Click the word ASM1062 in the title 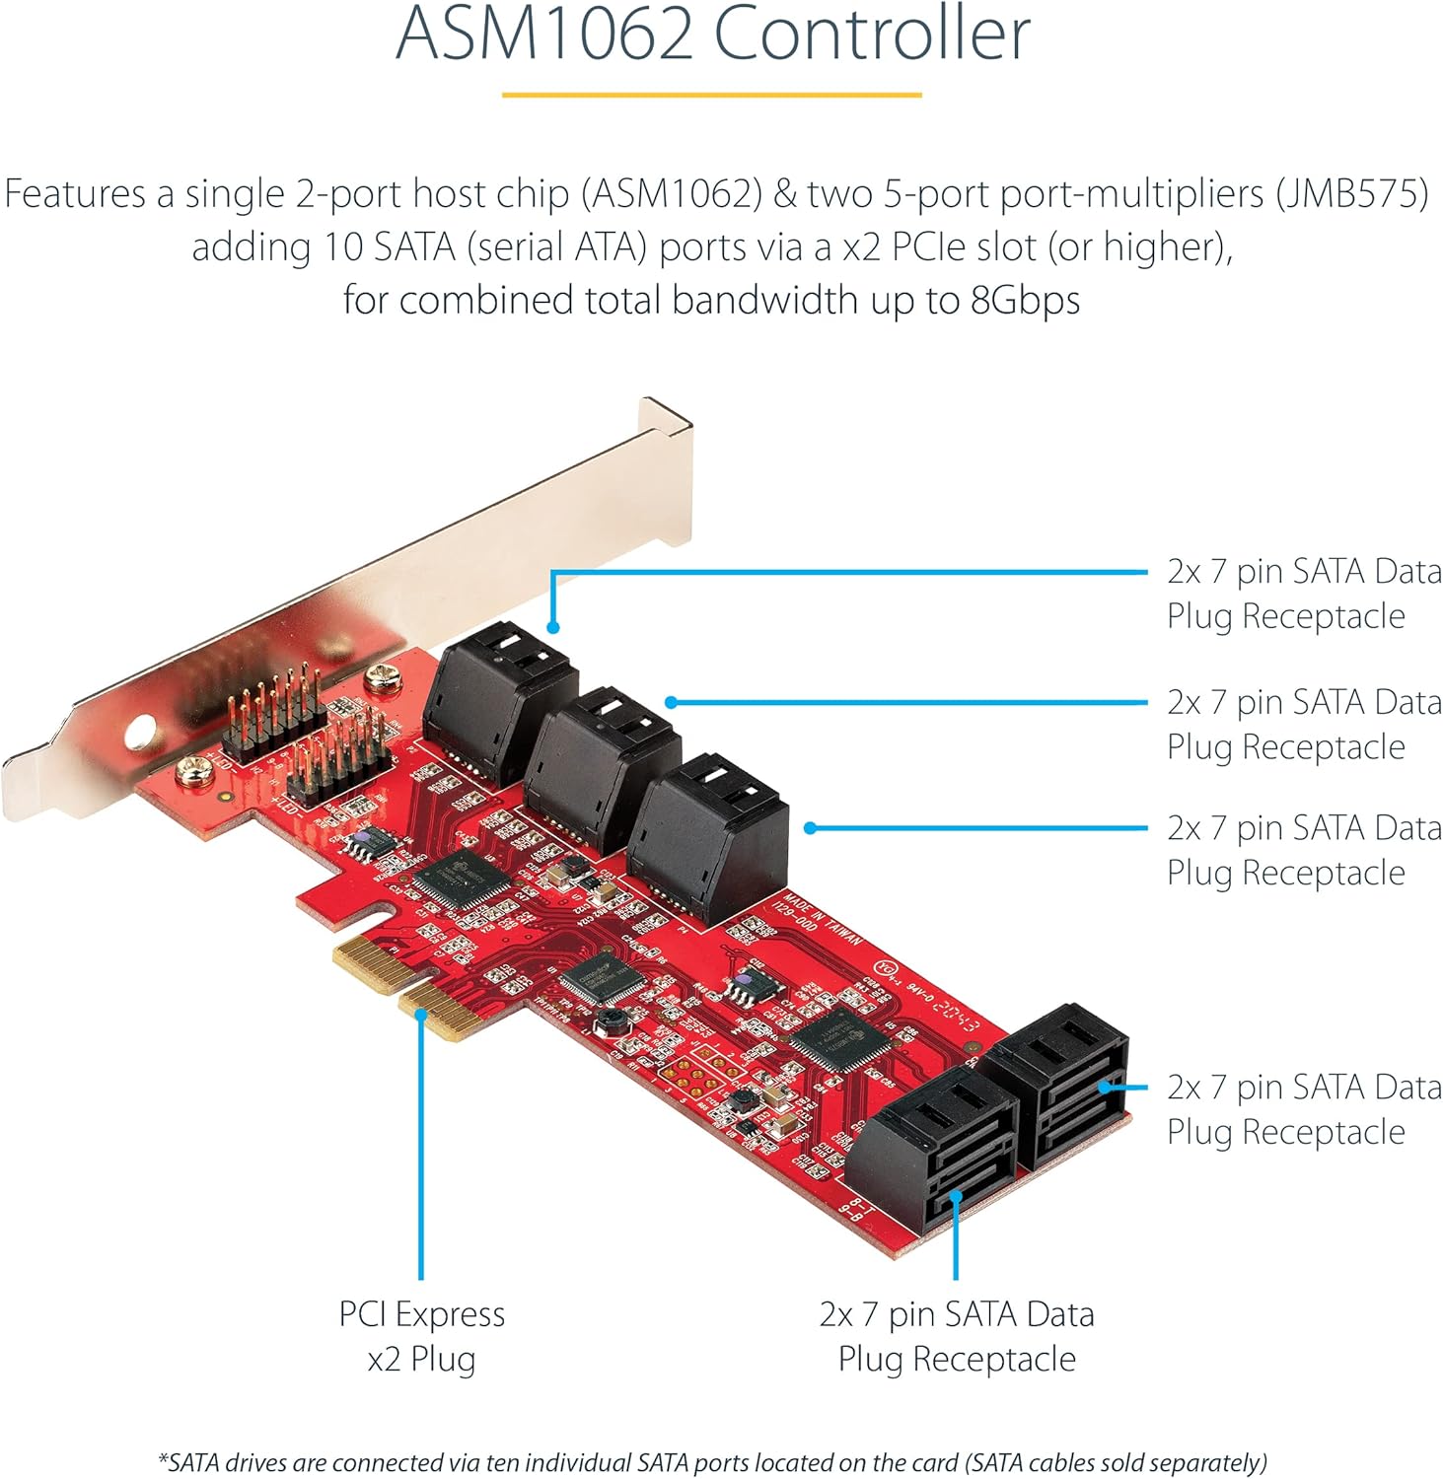tap(544, 34)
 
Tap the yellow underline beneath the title tap(711, 95)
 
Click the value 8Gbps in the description tap(1026, 300)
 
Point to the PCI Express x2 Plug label tap(421, 1336)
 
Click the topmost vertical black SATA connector tap(498, 700)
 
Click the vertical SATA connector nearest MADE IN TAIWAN tap(707, 833)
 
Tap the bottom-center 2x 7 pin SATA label tap(956, 1336)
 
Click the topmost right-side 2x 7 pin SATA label tap(1302, 594)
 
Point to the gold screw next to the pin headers tap(381, 677)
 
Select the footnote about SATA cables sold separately tap(712, 1462)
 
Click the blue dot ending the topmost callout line tap(553, 627)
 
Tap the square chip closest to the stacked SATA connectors tap(837, 1038)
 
